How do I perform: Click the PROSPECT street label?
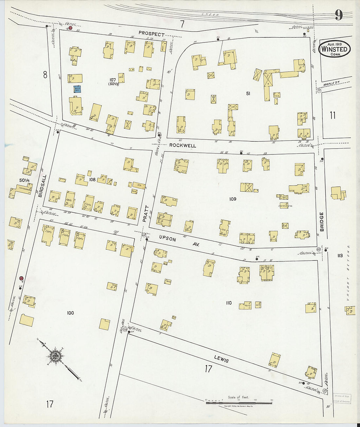[x=151, y=33]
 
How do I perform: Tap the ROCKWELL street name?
[x=183, y=145]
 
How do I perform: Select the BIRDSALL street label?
[x=42, y=186]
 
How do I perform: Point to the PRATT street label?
[x=146, y=214]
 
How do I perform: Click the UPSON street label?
[x=168, y=239]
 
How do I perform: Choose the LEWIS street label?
[x=221, y=359]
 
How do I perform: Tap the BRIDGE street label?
[x=322, y=222]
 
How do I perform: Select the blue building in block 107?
[x=78, y=89]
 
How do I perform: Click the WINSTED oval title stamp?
[x=334, y=49]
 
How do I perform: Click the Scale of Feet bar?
[x=239, y=403]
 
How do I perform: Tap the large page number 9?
[x=339, y=15]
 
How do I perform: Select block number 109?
[x=233, y=199]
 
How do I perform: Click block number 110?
[x=228, y=303]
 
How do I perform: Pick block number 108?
[x=92, y=179]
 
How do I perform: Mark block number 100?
[x=70, y=313]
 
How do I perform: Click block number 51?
[x=248, y=94]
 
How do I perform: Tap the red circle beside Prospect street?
[x=70, y=28]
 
